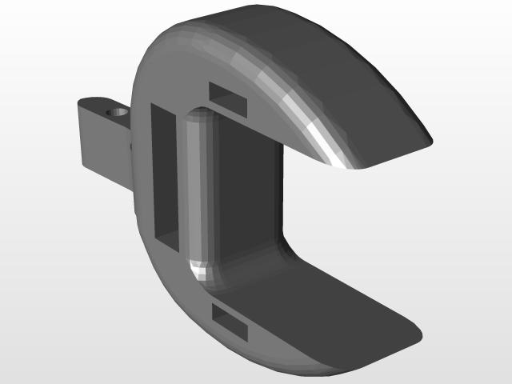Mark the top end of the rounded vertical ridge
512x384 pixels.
196,120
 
